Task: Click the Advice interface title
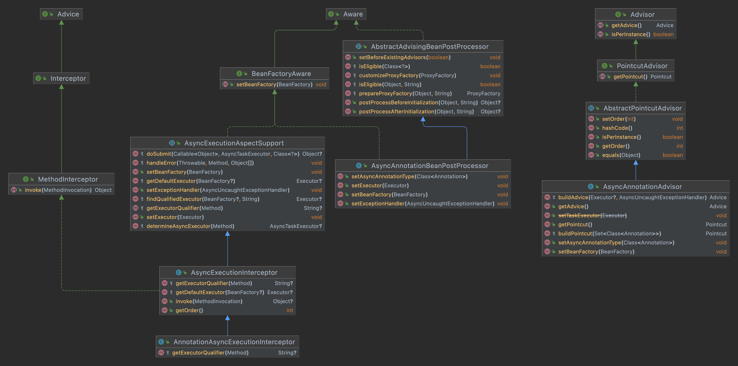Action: pyautogui.click(x=68, y=14)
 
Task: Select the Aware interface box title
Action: pyautogui.click(x=353, y=14)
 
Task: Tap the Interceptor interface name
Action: pyautogui.click(x=68, y=78)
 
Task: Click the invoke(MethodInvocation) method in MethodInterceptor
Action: pyautogui.click(x=58, y=190)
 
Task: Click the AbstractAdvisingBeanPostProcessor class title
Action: pyautogui.click(x=430, y=46)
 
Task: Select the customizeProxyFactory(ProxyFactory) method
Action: pyautogui.click(x=407, y=75)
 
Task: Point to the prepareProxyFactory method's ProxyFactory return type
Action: pyautogui.click(x=484, y=93)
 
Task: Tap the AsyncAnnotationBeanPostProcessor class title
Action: pyautogui.click(x=430, y=166)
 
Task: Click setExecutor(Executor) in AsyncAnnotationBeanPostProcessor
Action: pyautogui.click(x=380, y=185)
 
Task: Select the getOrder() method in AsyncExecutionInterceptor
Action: pyautogui.click(x=189, y=310)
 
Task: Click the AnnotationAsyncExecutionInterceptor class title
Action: pyautogui.click(x=234, y=342)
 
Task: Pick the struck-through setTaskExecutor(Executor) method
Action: pyautogui.click(x=592, y=215)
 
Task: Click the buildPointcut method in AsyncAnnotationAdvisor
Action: pyautogui.click(x=610, y=234)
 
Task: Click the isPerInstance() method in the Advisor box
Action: pyautogui.click(x=631, y=34)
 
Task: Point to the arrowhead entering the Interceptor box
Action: pyautogui.click(x=61, y=86)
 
